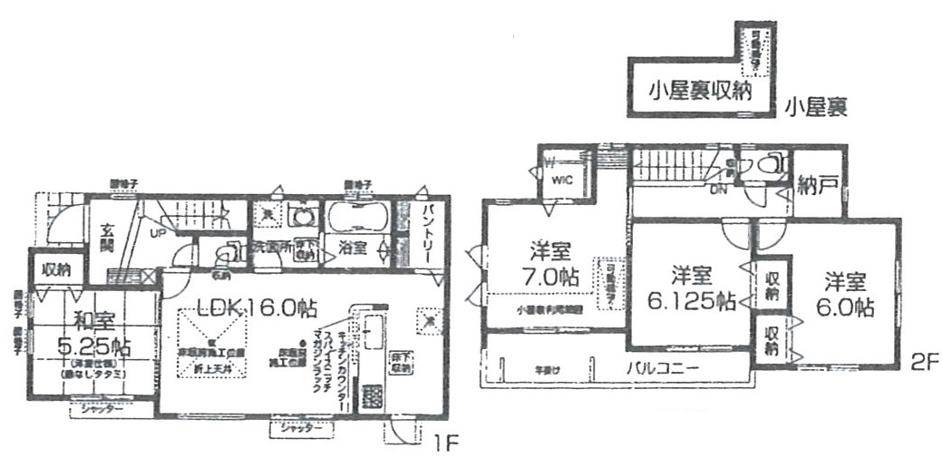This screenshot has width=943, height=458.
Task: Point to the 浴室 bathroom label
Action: click(351, 248)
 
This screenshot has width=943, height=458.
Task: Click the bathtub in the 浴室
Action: click(356, 218)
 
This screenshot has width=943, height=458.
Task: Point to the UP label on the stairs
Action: click(156, 232)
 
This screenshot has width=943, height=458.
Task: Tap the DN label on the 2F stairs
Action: click(717, 190)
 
